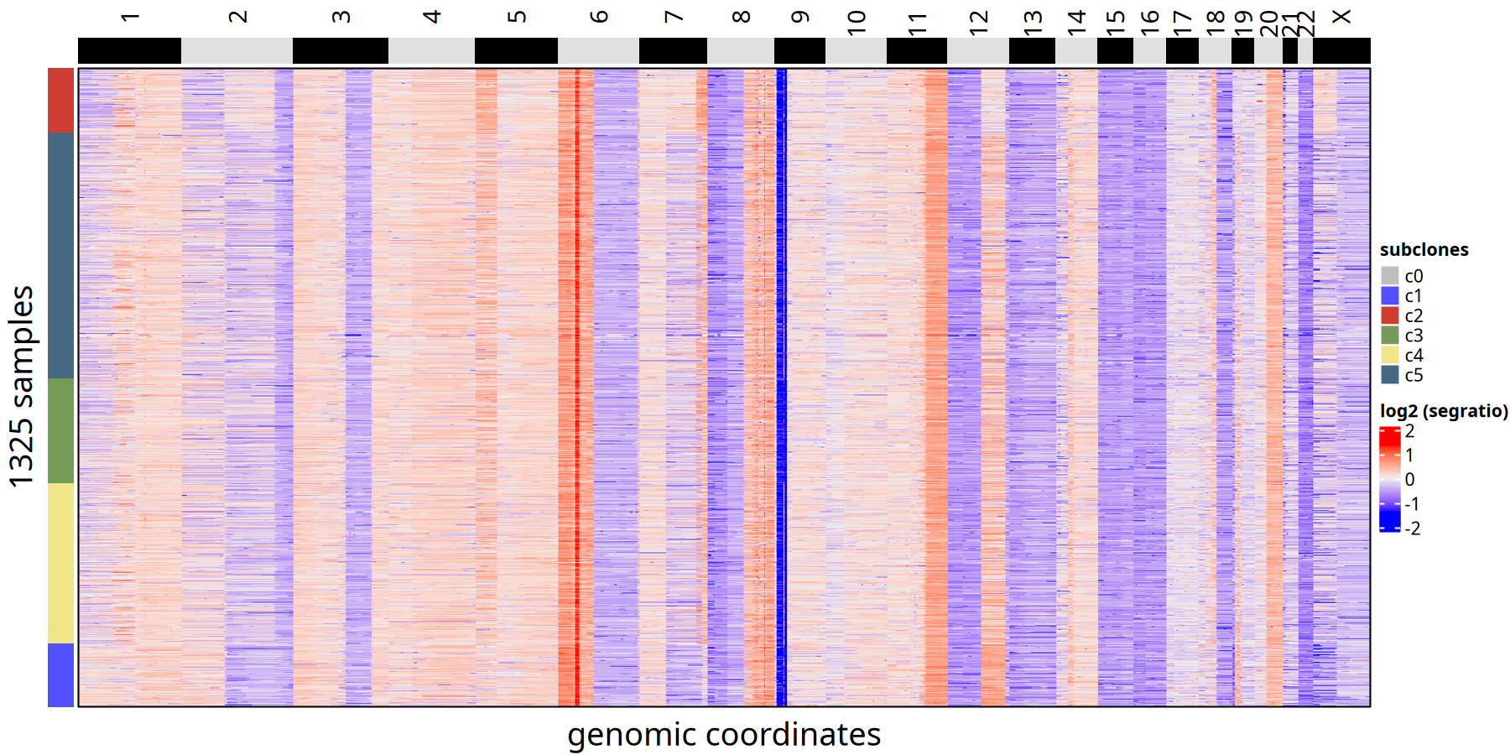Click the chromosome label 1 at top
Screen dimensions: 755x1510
click(x=129, y=18)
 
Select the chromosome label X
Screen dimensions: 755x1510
click(x=1341, y=17)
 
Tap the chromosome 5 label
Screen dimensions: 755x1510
click(x=517, y=18)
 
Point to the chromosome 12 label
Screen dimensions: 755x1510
click(x=978, y=22)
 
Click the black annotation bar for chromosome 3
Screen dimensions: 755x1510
click(x=340, y=50)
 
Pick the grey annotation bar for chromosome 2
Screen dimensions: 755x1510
click(x=237, y=50)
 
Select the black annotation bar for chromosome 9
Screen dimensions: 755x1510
click(x=799, y=50)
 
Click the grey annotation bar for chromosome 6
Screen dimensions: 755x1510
click(x=598, y=50)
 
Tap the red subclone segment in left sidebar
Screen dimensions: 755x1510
click(x=60, y=100)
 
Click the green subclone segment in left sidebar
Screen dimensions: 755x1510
click(x=60, y=430)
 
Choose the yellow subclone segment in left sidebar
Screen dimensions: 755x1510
click(x=60, y=563)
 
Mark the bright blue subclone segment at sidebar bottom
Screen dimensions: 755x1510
click(x=60, y=674)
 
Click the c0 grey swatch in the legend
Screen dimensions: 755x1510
click(x=1390, y=276)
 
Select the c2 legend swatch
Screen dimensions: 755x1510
click(x=1390, y=315)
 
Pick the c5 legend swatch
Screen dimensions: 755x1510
click(x=1390, y=375)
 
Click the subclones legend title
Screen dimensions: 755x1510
click(x=1424, y=250)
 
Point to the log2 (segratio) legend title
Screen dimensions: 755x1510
click(x=1444, y=411)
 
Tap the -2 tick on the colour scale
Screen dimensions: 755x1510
click(x=1412, y=528)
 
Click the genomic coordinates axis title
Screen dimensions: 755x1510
click(x=723, y=735)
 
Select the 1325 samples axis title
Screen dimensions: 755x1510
click(x=21, y=386)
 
